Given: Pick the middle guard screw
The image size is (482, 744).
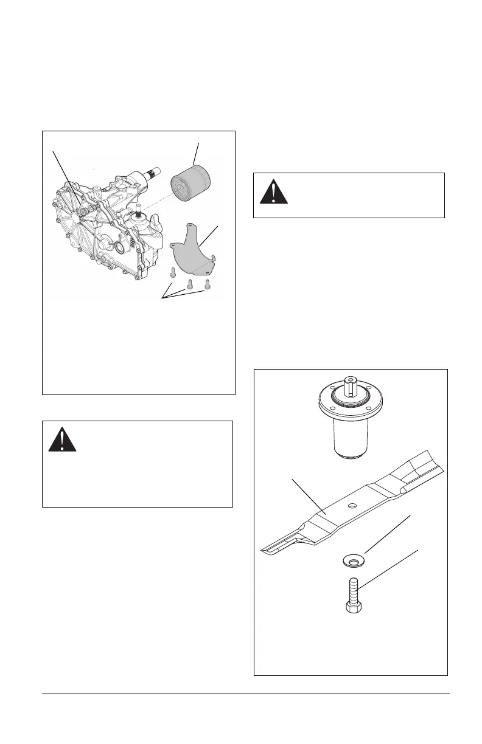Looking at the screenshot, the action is (x=190, y=284).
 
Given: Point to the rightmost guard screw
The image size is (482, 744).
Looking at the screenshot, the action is (x=208, y=283).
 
